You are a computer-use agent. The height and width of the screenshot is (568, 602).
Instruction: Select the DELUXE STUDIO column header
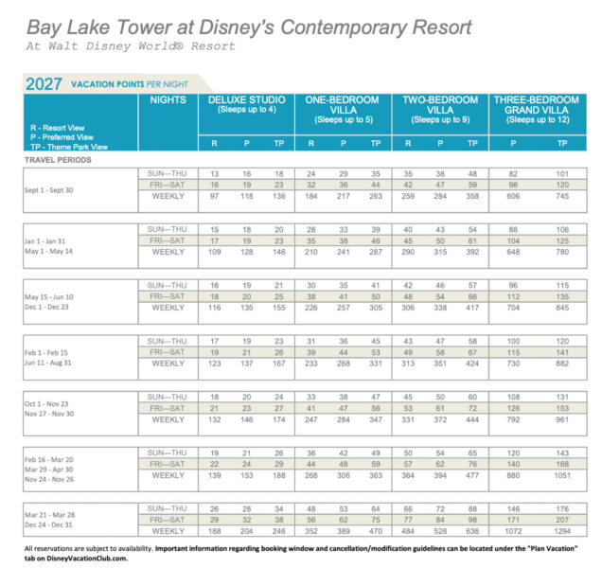pyautogui.click(x=244, y=100)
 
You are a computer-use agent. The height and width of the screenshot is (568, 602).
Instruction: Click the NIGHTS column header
pyautogui.click(x=168, y=100)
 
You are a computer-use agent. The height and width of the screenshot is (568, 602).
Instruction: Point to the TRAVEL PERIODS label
pyautogui.click(x=56, y=160)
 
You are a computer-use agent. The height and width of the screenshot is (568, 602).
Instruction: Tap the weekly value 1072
pyautogui.click(x=510, y=533)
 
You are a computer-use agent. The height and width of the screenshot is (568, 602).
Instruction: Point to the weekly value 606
pyautogui.click(x=510, y=196)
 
